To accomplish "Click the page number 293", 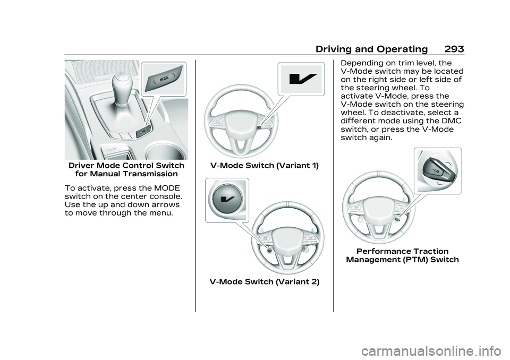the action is coord(454,49).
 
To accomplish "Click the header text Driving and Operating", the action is coord(371,49).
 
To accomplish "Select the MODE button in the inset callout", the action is coord(164,79).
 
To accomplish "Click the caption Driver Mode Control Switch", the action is coord(126,165).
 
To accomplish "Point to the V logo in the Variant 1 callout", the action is coord(302,79).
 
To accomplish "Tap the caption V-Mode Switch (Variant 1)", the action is coord(265,166).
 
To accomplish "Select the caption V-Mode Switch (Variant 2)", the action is coord(265,281).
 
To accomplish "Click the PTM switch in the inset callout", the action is coord(434,171).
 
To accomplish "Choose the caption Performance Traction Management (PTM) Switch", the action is coord(402,255).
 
